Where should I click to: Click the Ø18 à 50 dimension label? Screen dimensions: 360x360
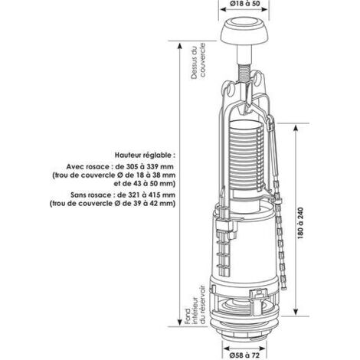(x=244, y=4)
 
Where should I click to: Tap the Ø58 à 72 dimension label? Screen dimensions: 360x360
(x=244, y=355)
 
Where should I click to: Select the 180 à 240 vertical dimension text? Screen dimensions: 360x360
(x=300, y=223)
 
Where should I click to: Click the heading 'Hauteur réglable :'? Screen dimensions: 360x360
(x=145, y=155)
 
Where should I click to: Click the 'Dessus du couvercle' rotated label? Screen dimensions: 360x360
(x=198, y=61)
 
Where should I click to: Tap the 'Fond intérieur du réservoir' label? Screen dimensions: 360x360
(x=195, y=305)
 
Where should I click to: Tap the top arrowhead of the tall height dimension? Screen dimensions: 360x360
(x=179, y=46)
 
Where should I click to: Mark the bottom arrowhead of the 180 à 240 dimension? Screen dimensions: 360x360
(x=296, y=312)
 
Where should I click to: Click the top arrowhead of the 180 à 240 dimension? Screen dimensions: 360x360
(x=296, y=128)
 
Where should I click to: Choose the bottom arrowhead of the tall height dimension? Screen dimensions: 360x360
(x=179, y=322)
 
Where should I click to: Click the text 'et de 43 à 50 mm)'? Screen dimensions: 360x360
(x=145, y=184)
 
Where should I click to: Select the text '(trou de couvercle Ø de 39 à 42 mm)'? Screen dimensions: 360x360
(x=113, y=204)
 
